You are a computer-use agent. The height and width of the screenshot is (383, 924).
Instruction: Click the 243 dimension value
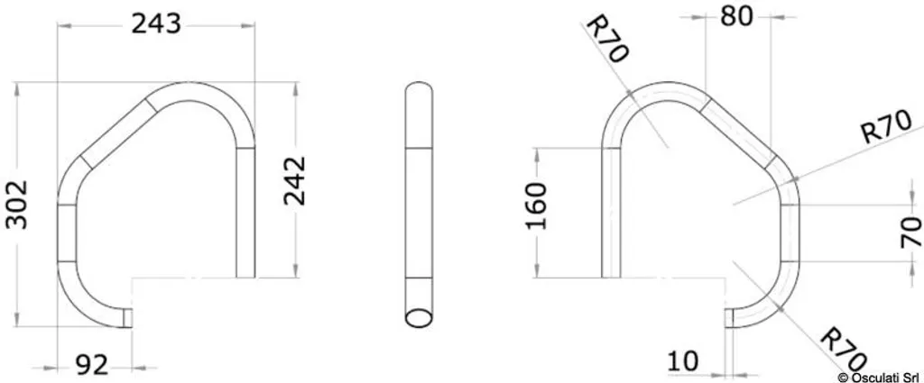coord(155,23)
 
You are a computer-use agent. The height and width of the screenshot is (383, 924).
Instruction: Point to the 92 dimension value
coord(92,366)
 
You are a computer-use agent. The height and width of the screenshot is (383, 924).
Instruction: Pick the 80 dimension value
coord(736,17)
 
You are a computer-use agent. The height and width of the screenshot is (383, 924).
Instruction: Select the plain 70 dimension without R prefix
coord(912,232)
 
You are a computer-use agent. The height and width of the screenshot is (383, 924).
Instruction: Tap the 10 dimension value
coord(684,360)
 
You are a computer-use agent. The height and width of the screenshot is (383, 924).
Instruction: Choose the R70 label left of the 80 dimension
coord(606,39)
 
